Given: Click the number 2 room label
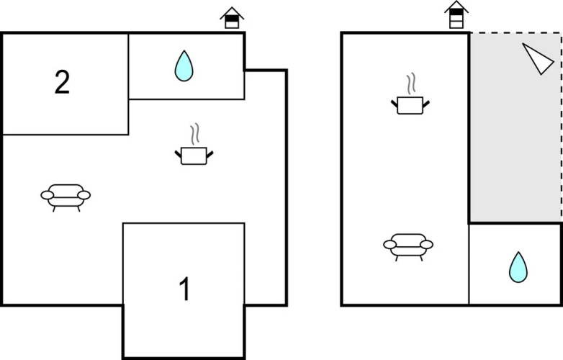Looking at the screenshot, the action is (x=62, y=82).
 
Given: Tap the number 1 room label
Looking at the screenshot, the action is (x=184, y=289).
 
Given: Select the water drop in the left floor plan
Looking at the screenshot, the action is (x=184, y=66).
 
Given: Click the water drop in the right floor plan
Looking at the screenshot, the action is (x=518, y=267).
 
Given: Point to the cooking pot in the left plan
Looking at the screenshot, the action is (x=194, y=156).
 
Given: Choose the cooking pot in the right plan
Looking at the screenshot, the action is (x=410, y=106).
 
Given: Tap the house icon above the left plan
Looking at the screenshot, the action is (x=232, y=18).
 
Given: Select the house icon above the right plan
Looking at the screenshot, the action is (x=456, y=14).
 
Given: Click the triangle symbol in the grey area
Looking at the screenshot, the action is (x=538, y=58).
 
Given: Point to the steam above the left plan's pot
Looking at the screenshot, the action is (x=195, y=134).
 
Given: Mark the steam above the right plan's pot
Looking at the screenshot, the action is (x=411, y=84).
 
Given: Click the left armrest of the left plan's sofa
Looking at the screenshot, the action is (x=48, y=195).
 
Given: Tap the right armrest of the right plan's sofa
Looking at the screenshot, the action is (x=426, y=245).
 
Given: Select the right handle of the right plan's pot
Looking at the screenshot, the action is (x=426, y=104).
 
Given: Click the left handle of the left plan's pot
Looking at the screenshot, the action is (x=178, y=154).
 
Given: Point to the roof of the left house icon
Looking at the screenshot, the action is (x=232, y=12).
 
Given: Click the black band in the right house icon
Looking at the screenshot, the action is (x=456, y=12).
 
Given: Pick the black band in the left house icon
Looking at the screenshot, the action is (x=232, y=19).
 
